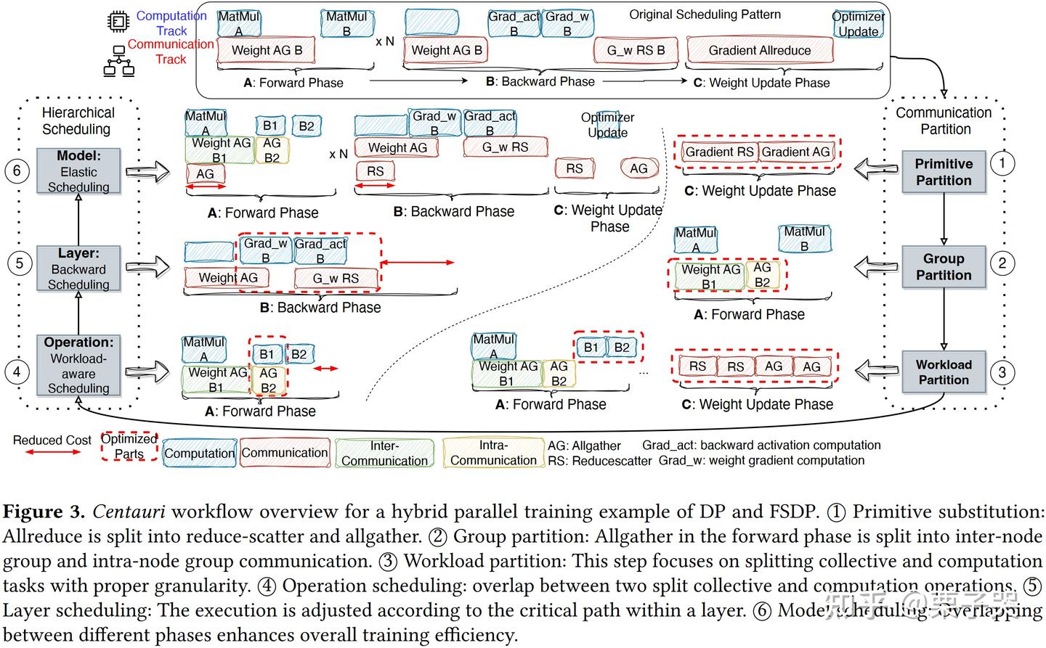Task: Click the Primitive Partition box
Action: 944,172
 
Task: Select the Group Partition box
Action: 944,267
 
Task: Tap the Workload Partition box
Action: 944,372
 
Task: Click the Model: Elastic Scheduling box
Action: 78,171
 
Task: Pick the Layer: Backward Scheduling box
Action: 78,268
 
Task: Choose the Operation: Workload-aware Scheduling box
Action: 78,365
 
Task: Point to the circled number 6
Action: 17,171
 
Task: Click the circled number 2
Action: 1002,263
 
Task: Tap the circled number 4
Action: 17,372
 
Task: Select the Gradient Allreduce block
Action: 760,50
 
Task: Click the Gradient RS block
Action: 720,152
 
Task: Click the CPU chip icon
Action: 118,22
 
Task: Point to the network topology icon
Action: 118,61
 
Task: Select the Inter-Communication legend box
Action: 384,453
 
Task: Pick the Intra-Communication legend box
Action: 493,453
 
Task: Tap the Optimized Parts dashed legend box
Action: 129,446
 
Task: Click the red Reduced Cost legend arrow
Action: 53,452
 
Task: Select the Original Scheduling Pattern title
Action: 705,15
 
